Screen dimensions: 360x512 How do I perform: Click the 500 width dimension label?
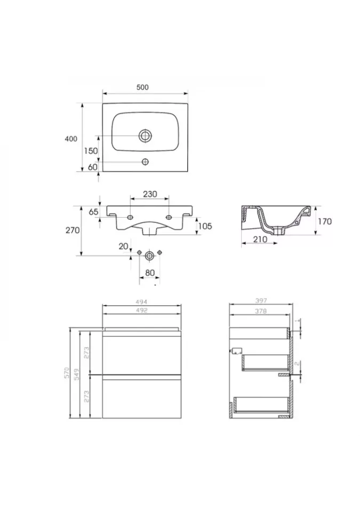142,87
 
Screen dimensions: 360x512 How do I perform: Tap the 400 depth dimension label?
71,139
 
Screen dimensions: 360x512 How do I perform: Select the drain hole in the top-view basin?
145,135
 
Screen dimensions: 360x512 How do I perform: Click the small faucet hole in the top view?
145,162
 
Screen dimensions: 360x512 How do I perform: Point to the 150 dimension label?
91,151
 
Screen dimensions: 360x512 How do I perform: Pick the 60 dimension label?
93,167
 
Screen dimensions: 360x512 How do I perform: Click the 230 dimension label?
150,194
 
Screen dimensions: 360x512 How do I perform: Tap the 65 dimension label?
93,212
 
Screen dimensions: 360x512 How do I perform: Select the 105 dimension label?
205,226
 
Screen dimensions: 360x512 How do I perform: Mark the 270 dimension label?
73,230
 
